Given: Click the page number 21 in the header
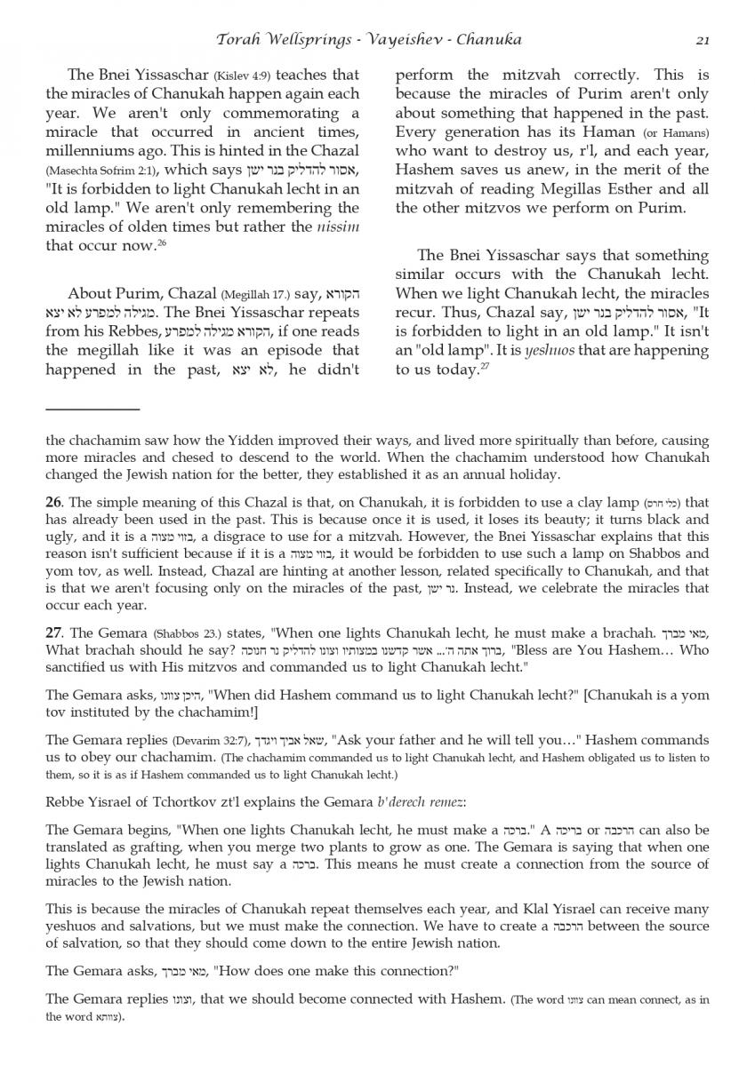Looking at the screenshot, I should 702,40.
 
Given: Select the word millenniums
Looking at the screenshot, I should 90,152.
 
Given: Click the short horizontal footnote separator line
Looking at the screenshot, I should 92,409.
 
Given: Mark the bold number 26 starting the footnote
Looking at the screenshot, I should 52,503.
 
